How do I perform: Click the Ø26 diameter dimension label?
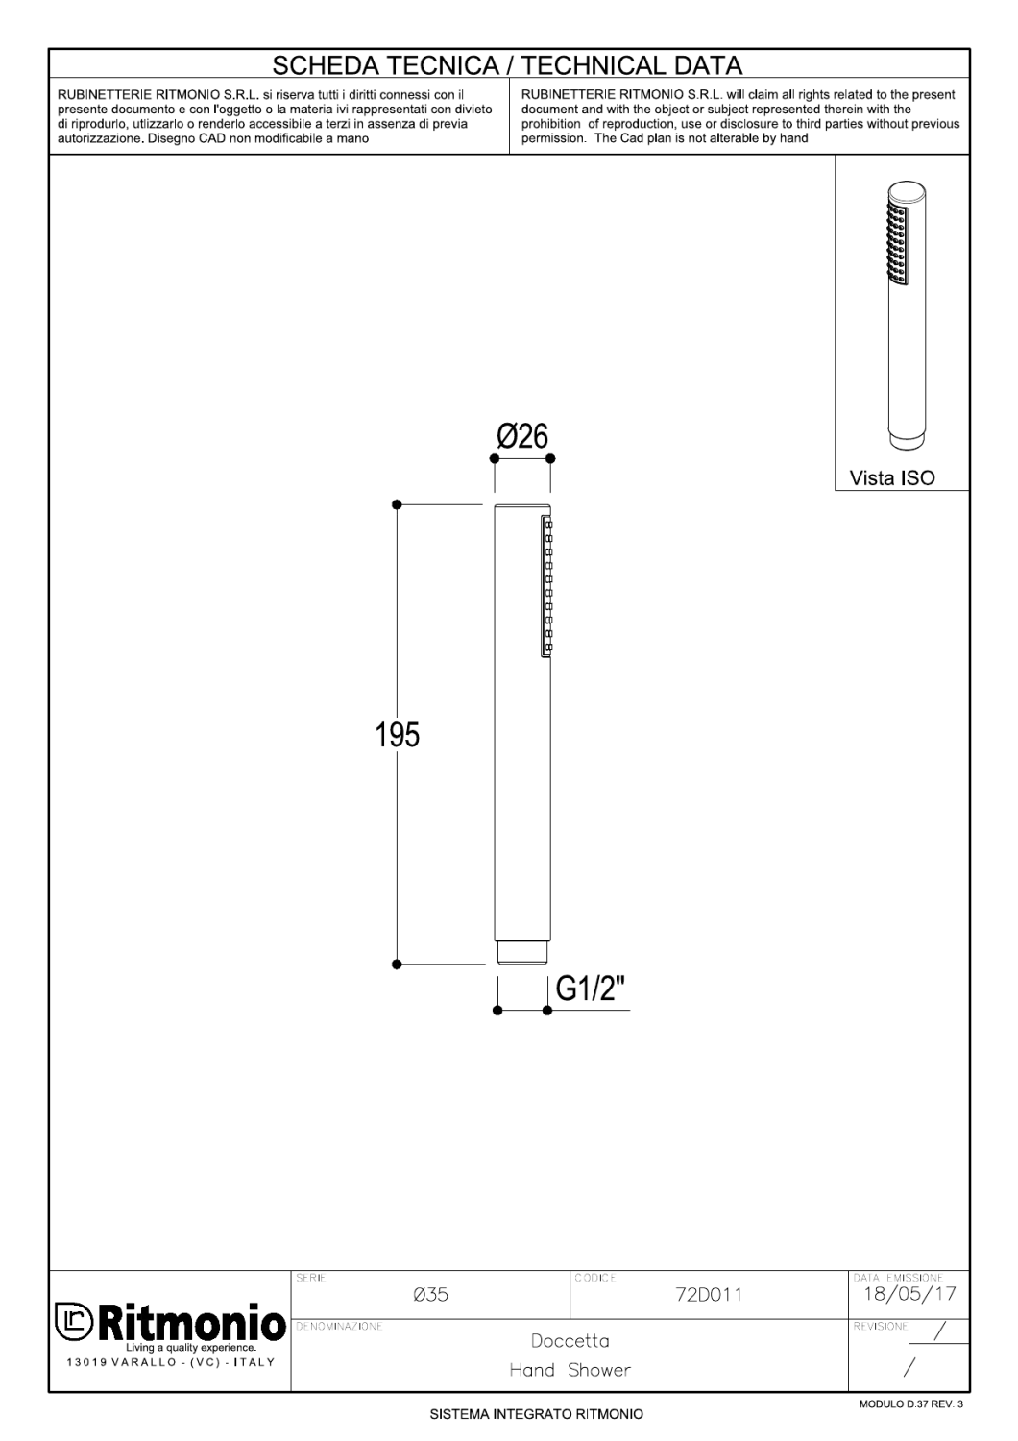[x=522, y=437]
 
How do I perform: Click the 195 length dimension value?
[x=398, y=736]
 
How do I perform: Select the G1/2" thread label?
[x=589, y=989]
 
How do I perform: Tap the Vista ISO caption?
[x=892, y=477]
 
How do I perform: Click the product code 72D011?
[x=709, y=1295]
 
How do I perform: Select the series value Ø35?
[x=430, y=1295]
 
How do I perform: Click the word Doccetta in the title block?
[x=570, y=1341]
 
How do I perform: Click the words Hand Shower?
[x=570, y=1370]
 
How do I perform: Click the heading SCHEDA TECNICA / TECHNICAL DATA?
[x=507, y=65]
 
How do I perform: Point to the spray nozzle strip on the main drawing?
[x=545, y=586]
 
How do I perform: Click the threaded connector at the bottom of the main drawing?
[x=522, y=952]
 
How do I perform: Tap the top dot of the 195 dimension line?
[x=397, y=504]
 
